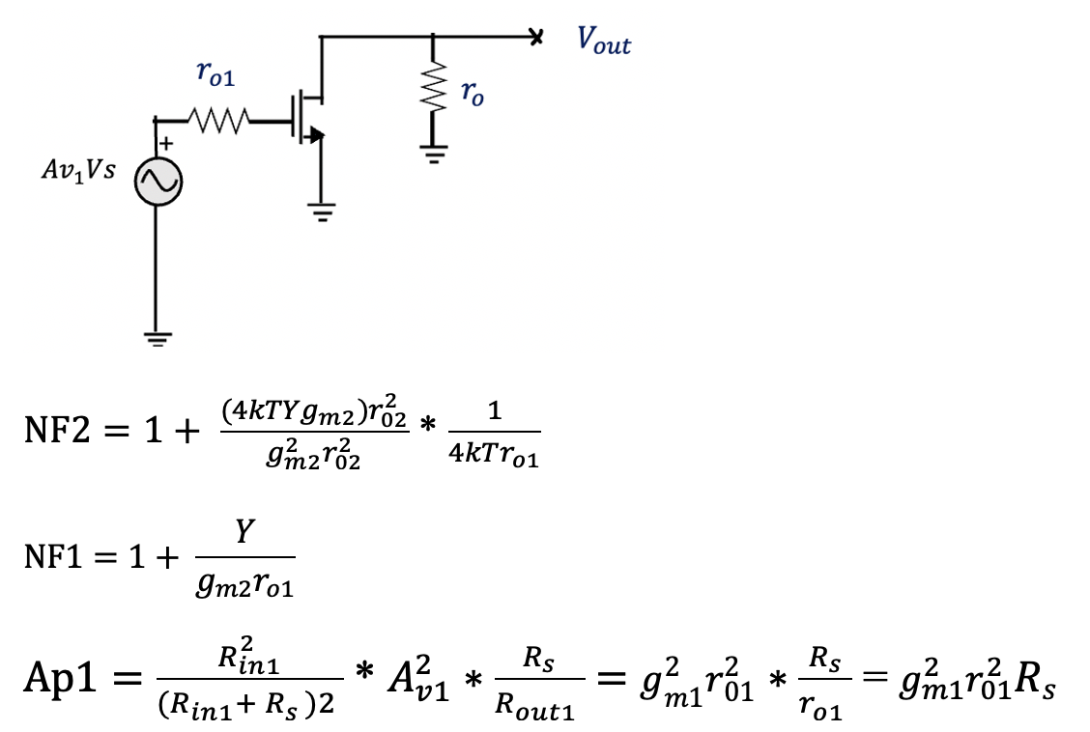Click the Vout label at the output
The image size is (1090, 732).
click(x=604, y=41)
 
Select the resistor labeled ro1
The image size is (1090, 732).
click(x=222, y=122)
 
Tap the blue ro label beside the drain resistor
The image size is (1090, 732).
click(x=472, y=93)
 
